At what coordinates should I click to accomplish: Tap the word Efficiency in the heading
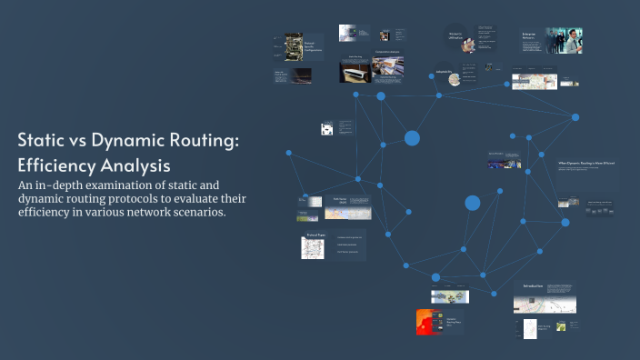click(55, 166)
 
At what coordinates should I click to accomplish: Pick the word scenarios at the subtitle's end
click(196, 212)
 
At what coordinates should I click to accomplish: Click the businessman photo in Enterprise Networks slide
click(564, 40)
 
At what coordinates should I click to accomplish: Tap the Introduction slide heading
click(533, 286)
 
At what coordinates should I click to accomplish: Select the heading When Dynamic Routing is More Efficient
click(585, 164)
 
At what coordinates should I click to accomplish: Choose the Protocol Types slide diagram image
click(313, 247)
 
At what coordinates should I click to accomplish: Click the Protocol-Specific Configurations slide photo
click(294, 47)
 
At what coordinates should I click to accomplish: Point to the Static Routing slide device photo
click(355, 72)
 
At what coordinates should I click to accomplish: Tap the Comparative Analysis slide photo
click(387, 65)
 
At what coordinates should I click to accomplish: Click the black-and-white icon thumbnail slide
click(326, 129)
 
